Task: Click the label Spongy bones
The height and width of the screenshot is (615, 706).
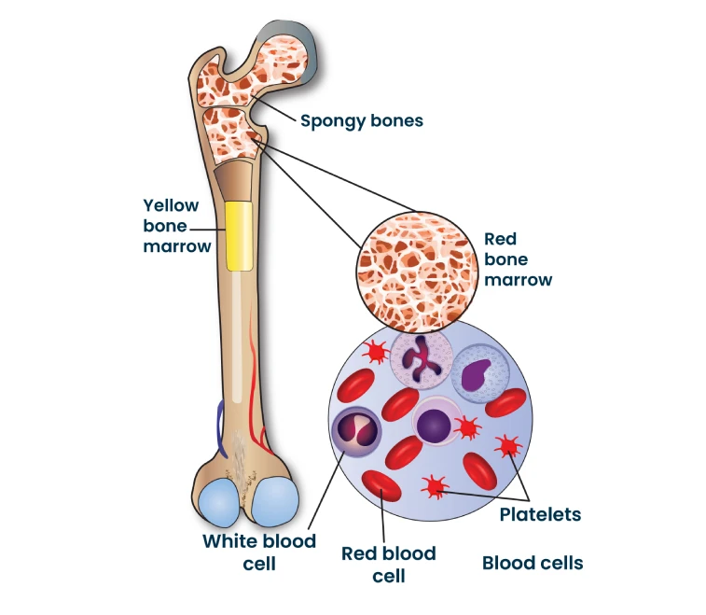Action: pos(361,120)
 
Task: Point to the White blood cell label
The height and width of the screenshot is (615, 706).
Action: pos(259,552)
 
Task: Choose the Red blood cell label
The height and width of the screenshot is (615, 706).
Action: pos(388,564)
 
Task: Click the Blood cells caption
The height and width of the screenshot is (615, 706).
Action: pos(533,563)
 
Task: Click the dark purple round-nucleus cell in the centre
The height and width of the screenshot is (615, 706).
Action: pos(434,425)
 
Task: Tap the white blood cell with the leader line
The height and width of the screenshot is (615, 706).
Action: pos(358,430)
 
